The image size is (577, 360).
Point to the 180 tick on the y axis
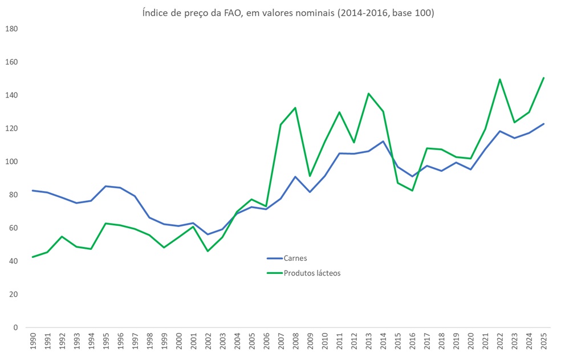click(x=11, y=29)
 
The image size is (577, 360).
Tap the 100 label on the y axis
click(x=11, y=161)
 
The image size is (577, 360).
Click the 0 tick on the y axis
click(x=15, y=327)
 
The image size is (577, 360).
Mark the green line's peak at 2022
click(x=500, y=79)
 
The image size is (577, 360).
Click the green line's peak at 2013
click(x=368, y=94)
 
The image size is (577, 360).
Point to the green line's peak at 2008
click(x=295, y=108)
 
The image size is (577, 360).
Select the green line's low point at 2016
click(x=412, y=191)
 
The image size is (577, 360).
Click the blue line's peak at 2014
click(x=383, y=141)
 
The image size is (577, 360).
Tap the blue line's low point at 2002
click(x=207, y=234)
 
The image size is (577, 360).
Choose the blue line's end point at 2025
click(x=544, y=124)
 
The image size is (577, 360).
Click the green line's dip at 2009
click(x=310, y=176)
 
